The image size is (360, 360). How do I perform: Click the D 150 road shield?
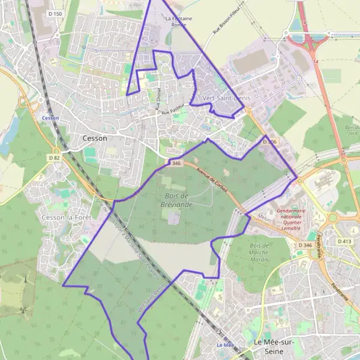(x=55, y=13)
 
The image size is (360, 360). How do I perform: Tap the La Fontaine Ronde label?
(x=178, y=22)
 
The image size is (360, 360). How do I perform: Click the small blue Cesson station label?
(x=50, y=118)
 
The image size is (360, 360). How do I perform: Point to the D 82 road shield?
(x=55, y=158)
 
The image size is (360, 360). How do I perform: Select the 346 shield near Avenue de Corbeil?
(x=176, y=163)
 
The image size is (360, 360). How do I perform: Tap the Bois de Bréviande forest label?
(x=173, y=199)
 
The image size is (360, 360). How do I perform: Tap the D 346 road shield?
(x=305, y=245)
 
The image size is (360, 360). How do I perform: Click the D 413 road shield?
(x=344, y=241)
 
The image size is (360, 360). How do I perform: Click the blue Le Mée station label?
(x=224, y=345)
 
